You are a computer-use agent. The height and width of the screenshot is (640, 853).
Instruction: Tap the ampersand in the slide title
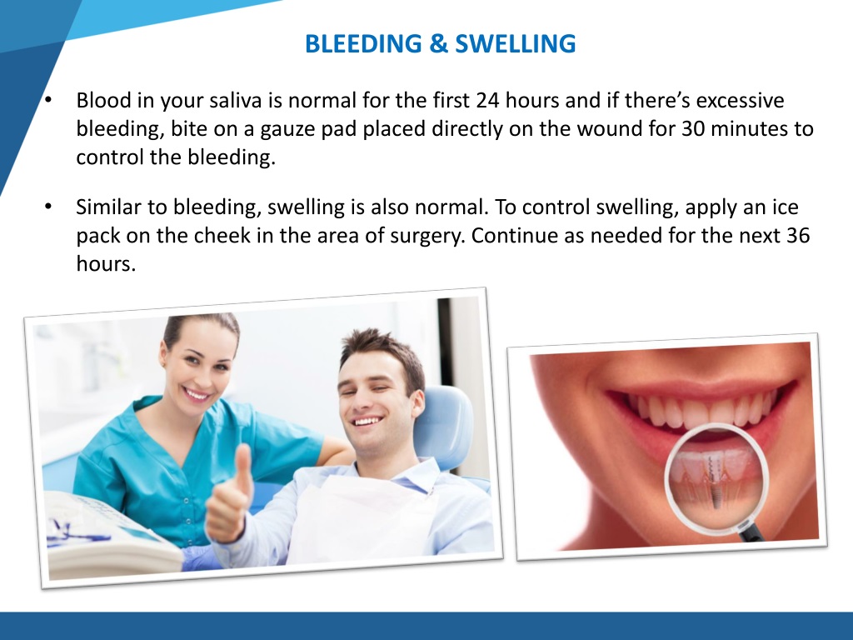coord(439,43)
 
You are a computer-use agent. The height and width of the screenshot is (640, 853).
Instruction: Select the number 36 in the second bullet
coord(797,236)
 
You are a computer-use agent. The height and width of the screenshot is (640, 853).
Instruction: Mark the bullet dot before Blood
coord(49,102)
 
